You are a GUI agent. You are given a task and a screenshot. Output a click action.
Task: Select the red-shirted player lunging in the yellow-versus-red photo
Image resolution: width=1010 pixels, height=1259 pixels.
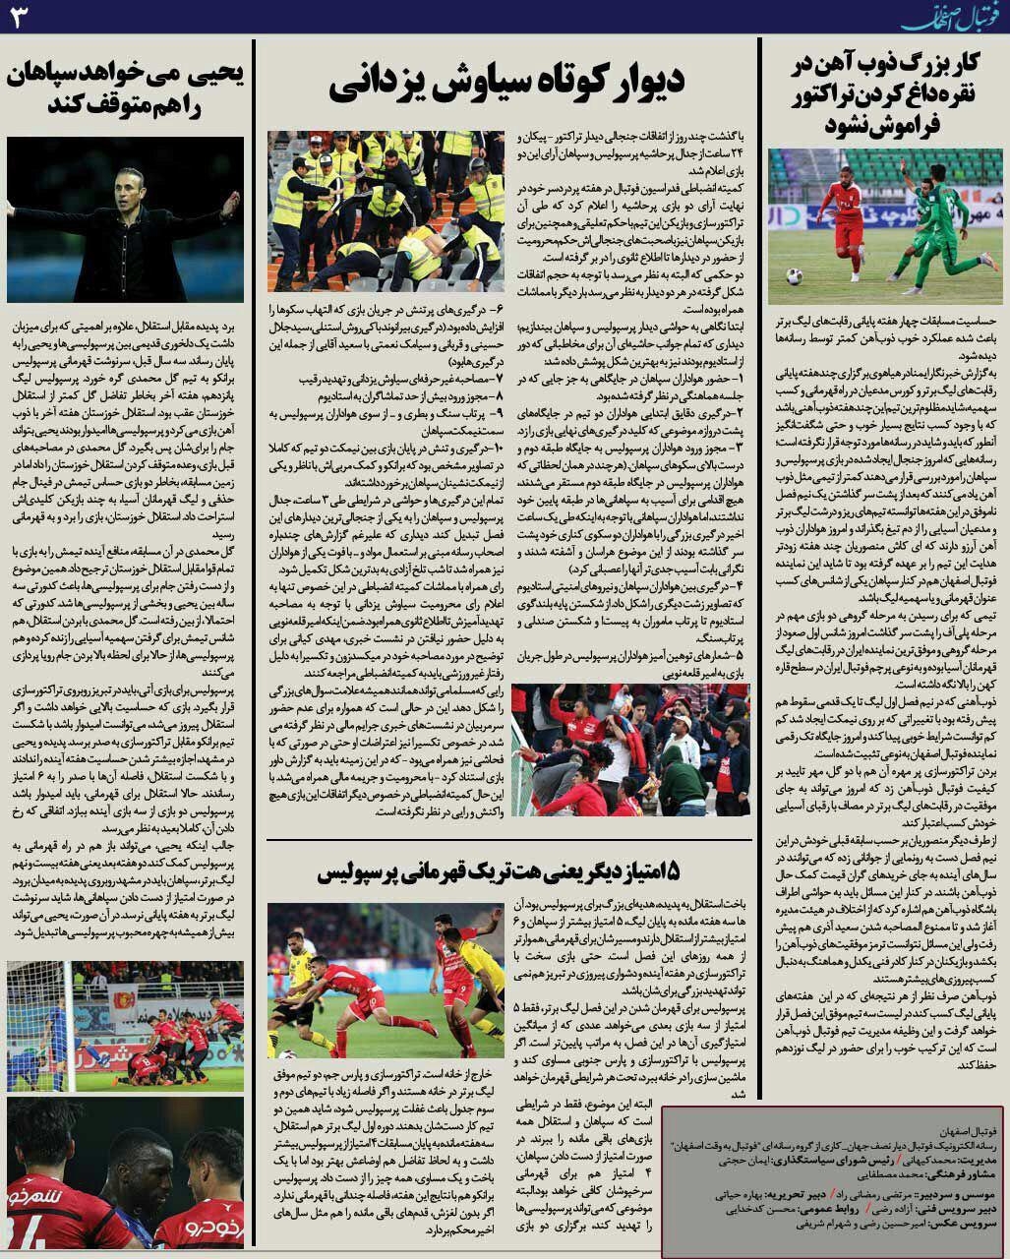tap(339, 974)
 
